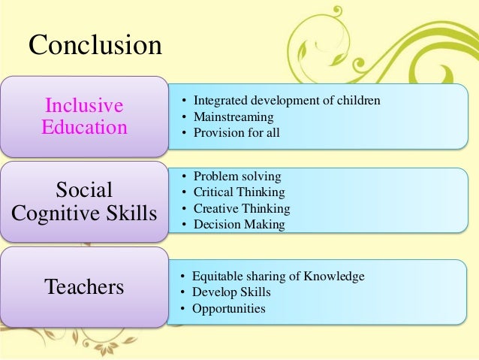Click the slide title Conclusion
coord(95,45)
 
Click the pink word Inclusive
coord(84,104)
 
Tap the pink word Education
coord(84,126)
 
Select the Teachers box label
coord(84,286)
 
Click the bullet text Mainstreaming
coord(233,117)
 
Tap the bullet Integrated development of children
coord(287,101)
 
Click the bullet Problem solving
coord(237,177)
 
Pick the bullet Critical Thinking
coord(239,192)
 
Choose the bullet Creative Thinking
coord(241,209)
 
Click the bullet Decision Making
coord(239,225)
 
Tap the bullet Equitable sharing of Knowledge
coord(278,276)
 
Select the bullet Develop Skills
coord(231,292)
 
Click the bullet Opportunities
coord(229,309)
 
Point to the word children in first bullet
coord(360,101)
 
